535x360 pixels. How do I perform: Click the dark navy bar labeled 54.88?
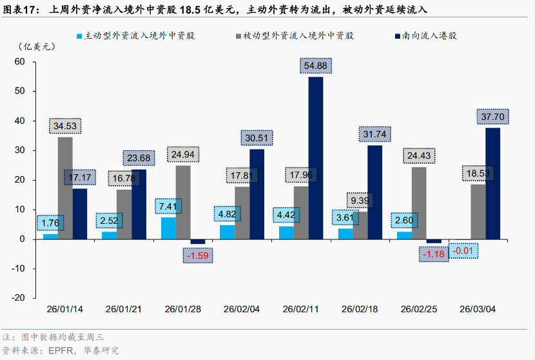click(x=316, y=158)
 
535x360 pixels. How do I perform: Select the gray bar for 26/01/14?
click(x=65, y=188)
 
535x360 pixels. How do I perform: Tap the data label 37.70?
click(x=492, y=117)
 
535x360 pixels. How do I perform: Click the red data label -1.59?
click(x=197, y=256)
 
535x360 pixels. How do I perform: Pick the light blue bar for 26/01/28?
click(x=168, y=228)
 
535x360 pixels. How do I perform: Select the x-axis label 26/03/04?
click(x=478, y=309)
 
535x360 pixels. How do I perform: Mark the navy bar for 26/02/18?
click(x=374, y=192)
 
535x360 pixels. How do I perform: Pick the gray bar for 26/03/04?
click(x=478, y=212)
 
